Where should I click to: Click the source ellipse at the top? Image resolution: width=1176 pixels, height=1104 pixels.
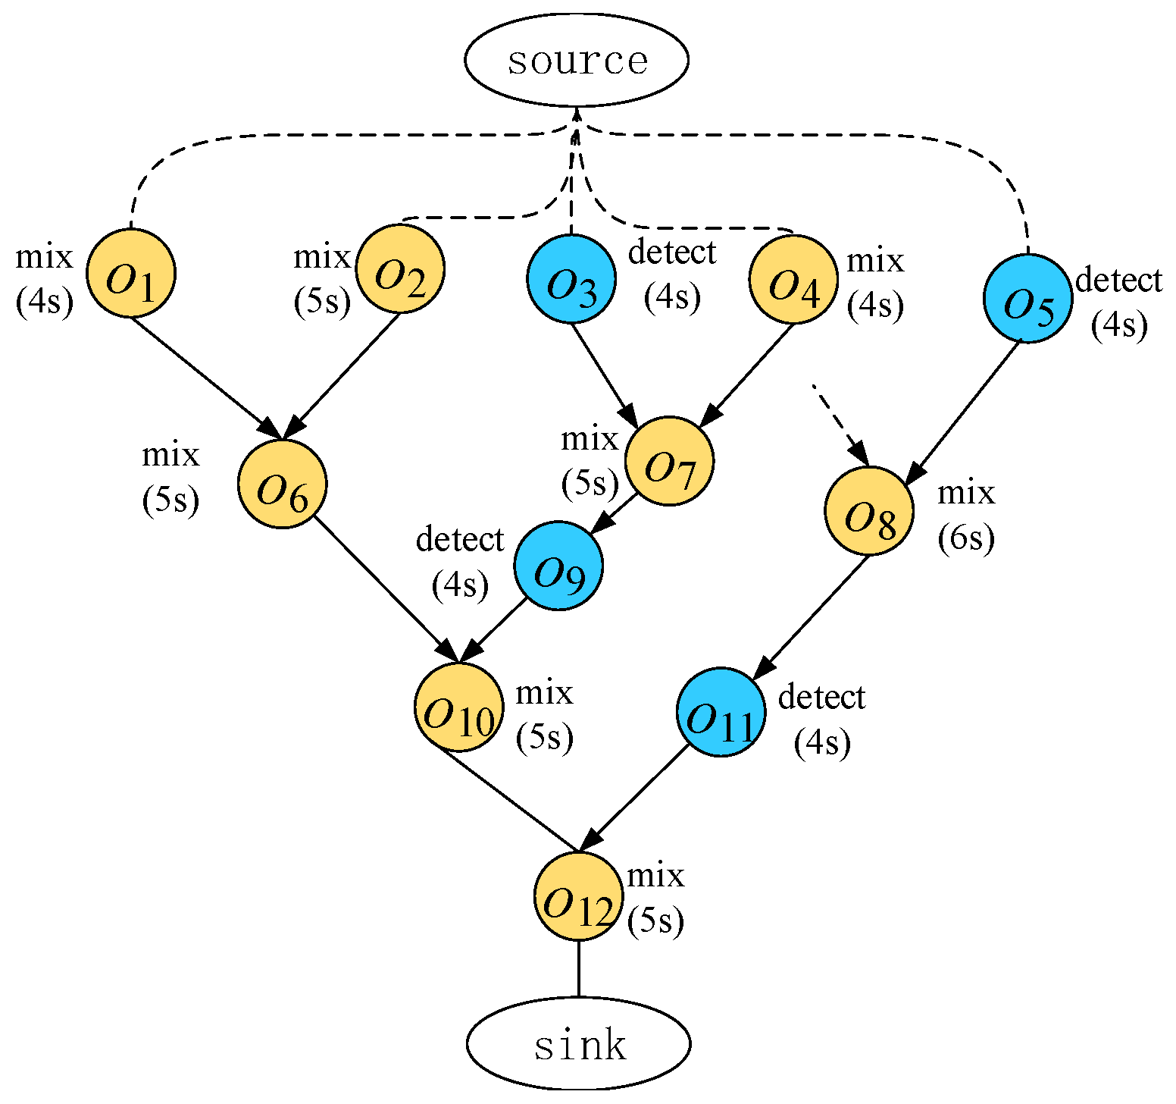(576, 60)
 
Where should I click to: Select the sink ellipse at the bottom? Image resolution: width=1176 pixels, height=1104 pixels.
(578, 1044)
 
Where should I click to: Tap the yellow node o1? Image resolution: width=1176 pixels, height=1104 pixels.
(131, 274)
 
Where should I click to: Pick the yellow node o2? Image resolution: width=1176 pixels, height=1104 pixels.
(400, 268)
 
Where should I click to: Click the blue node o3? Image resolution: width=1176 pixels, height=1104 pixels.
(571, 279)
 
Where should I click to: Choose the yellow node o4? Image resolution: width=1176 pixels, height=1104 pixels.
(793, 279)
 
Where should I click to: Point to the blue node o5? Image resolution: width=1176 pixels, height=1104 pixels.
(1028, 298)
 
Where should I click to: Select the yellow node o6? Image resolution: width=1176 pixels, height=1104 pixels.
(283, 484)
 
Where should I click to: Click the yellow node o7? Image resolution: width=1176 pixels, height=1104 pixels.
(669, 461)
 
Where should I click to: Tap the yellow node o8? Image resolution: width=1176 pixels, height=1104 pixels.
(869, 511)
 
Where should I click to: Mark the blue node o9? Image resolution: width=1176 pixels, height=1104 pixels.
(558, 565)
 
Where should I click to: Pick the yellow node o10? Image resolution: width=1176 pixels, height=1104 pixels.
(458, 707)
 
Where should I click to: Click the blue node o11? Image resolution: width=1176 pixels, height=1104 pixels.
(721, 712)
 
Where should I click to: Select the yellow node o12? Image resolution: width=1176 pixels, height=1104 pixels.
(578, 895)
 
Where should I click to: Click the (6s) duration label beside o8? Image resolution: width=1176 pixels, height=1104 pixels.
(965, 538)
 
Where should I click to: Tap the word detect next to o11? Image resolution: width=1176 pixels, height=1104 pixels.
(821, 697)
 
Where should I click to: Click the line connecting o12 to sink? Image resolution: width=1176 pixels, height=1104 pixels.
(579, 968)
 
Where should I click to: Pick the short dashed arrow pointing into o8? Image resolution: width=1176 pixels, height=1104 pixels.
(840, 425)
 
